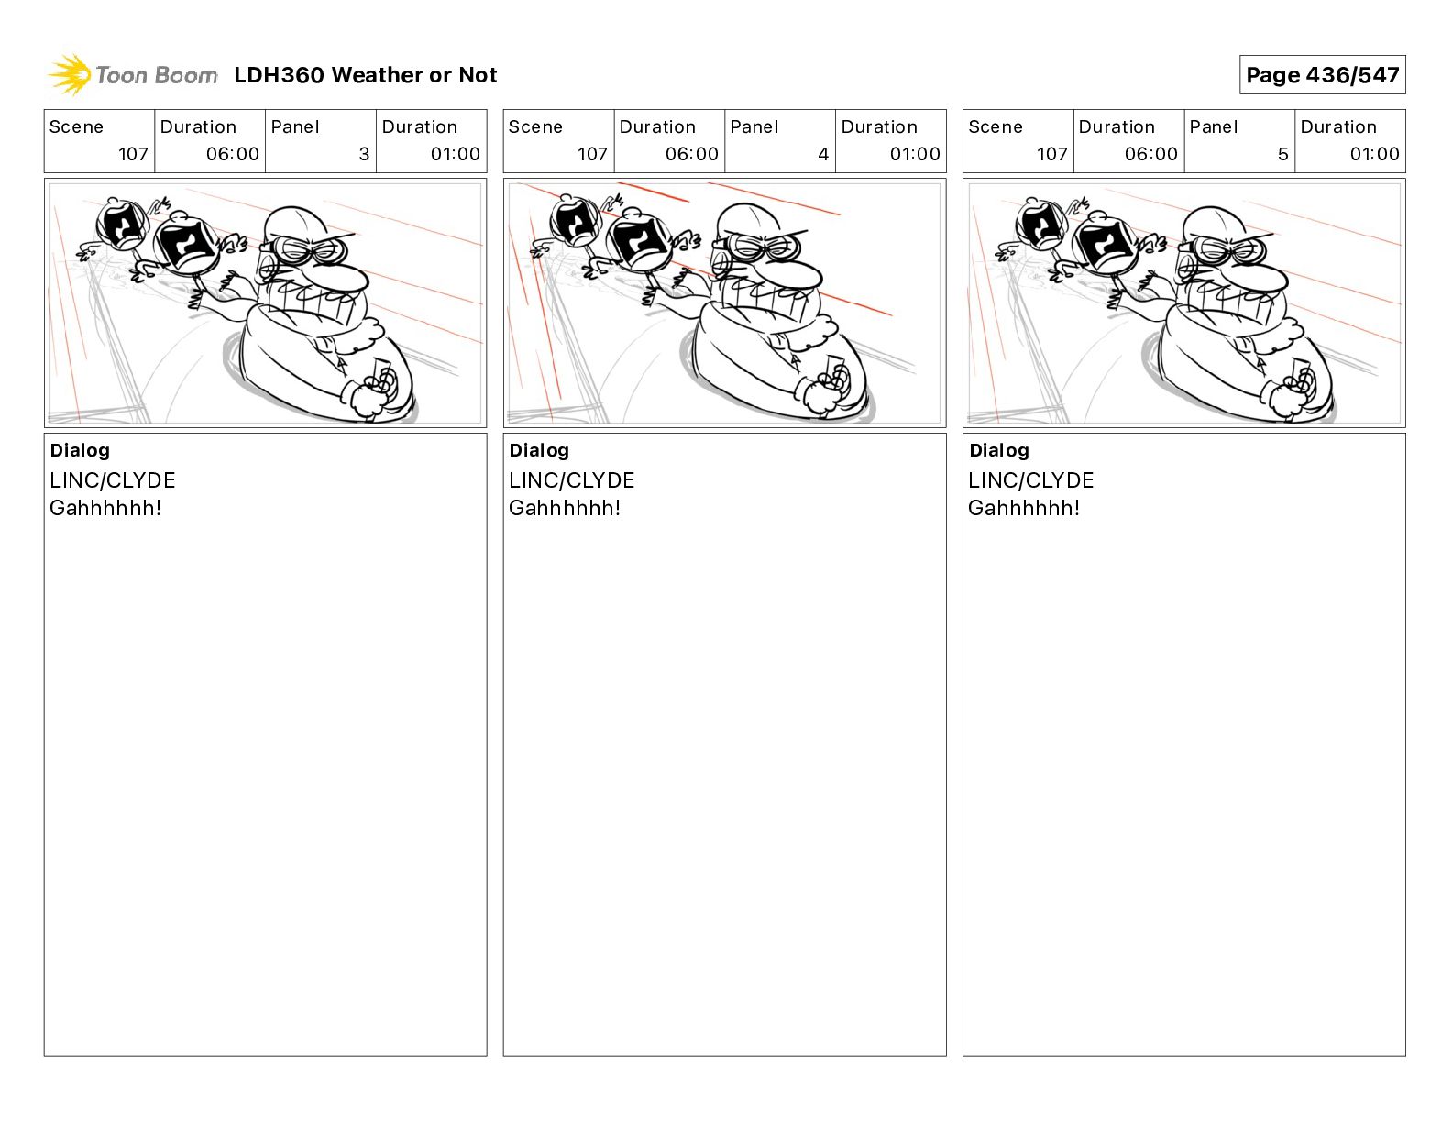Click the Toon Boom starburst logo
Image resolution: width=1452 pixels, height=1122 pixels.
point(70,75)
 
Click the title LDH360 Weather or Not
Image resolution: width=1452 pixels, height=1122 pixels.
point(366,75)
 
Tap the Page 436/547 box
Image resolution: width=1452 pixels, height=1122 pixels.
point(1322,75)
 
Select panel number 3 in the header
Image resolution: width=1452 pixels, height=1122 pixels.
point(364,154)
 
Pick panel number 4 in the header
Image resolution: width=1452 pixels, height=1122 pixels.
point(823,154)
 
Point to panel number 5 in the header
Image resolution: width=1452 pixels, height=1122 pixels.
point(1283,154)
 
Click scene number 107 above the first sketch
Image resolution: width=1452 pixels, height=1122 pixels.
point(133,154)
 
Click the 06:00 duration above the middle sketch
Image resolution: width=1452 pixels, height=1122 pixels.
point(691,154)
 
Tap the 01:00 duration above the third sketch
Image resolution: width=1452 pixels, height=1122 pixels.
point(1374,154)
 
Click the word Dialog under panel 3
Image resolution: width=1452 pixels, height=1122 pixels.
point(80,450)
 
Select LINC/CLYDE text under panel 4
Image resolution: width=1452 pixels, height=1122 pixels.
point(571,480)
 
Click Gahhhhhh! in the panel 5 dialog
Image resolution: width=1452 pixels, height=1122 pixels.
point(1024,508)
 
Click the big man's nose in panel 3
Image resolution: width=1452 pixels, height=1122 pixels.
point(342,279)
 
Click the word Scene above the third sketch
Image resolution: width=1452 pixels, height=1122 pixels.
point(995,127)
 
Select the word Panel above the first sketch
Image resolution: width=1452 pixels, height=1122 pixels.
point(294,127)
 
